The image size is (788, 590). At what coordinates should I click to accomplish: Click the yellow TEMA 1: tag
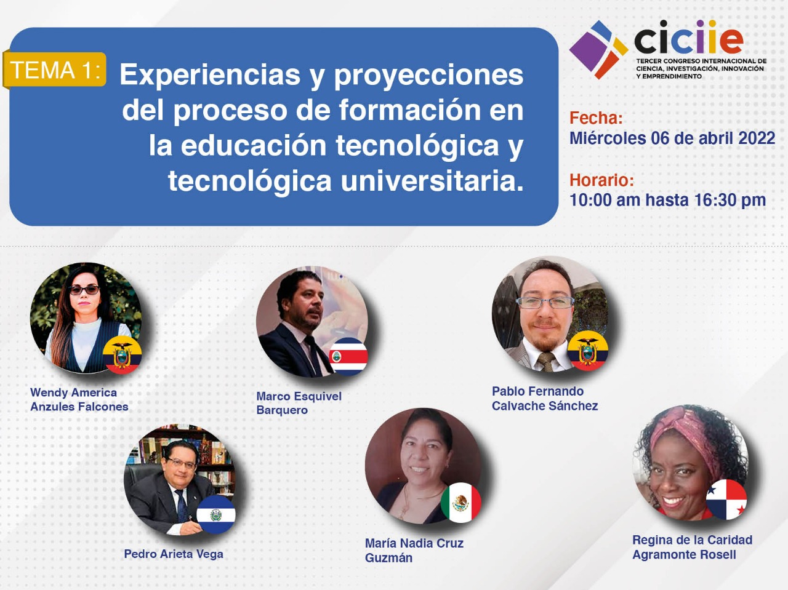click(55, 70)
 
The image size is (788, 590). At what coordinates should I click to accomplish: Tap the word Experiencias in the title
click(210, 75)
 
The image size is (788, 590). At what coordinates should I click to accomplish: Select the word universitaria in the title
click(432, 181)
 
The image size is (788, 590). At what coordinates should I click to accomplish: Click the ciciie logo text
click(688, 37)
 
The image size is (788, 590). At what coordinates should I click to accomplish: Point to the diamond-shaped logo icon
click(598, 49)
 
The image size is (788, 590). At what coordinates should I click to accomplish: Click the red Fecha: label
click(596, 118)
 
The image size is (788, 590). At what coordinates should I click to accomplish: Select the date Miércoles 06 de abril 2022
click(672, 138)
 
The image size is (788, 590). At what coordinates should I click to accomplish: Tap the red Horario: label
click(601, 180)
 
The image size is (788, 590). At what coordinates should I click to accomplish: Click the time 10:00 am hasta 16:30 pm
click(668, 200)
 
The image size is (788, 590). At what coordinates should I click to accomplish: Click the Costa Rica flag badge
click(348, 356)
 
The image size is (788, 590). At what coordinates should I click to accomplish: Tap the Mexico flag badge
click(460, 502)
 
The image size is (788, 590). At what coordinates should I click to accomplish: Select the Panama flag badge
click(726, 500)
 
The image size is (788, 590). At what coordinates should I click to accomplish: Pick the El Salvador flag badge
click(215, 514)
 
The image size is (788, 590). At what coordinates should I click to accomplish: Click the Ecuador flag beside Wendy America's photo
click(122, 355)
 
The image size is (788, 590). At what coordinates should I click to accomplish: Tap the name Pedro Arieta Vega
click(174, 554)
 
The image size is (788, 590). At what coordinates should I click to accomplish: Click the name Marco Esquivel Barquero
click(299, 403)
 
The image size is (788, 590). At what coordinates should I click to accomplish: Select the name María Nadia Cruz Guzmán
click(414, 551)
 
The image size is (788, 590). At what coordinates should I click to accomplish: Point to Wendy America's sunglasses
click(84, 290)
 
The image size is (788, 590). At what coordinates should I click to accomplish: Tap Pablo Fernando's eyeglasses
click(545, 303)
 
